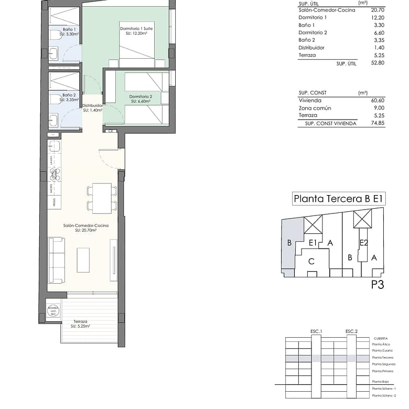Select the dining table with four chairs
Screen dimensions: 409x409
[x=102, y=198]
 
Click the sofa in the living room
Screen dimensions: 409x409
[x=56, y=260]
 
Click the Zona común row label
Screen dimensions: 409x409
[x=315, y=108]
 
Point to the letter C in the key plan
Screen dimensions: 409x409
[x=311, y=261]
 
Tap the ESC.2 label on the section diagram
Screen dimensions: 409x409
[x=351, y=332]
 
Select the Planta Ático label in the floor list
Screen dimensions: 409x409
[x=382, y=345]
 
